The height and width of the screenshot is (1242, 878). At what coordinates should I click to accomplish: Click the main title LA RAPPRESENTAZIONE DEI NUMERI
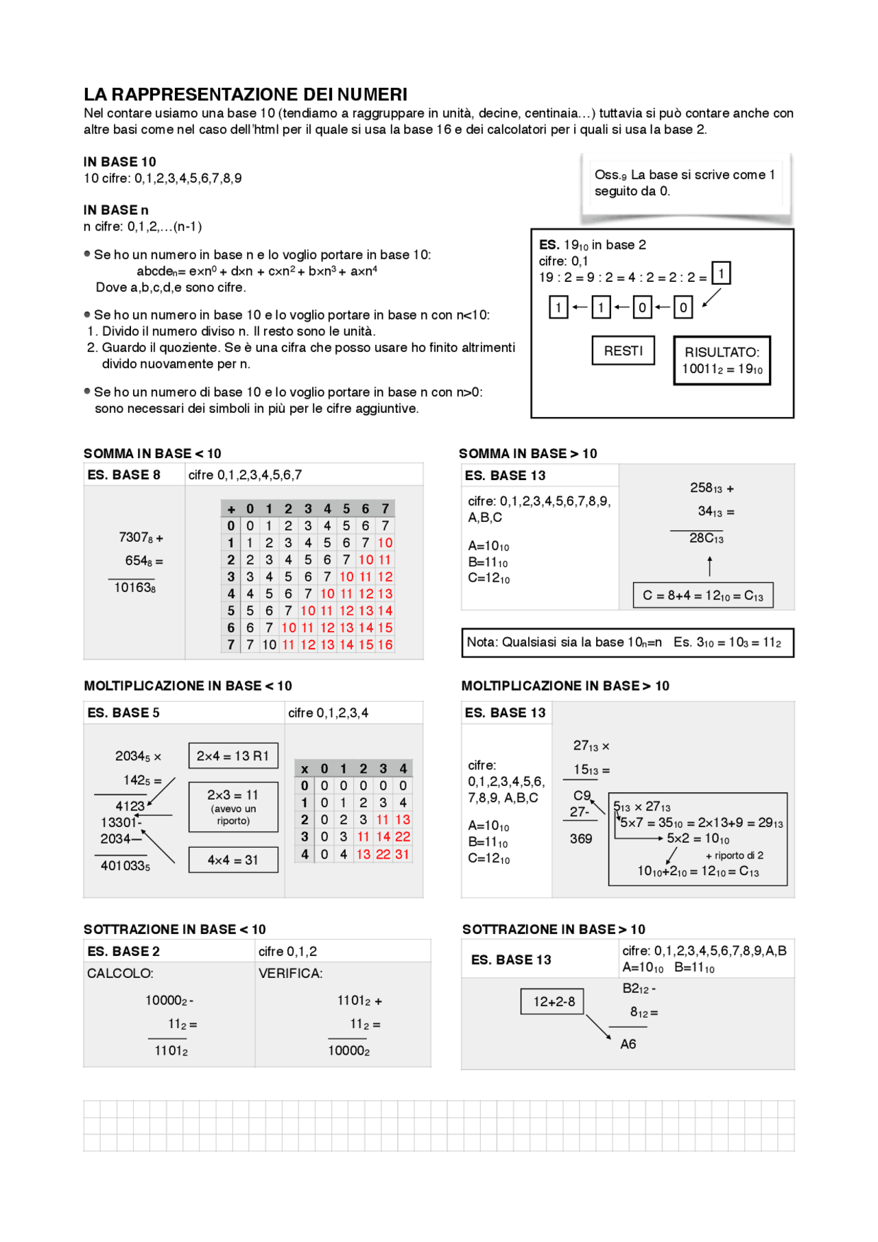tap(246, 95)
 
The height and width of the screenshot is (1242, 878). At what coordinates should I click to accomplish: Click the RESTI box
tap(623, 350)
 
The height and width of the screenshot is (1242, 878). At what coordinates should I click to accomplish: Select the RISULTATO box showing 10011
tap(722, 361)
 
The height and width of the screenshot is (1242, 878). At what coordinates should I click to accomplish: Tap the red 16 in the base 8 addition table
tap(385, 645)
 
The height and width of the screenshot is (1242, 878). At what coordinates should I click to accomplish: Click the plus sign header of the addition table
tap(231, 509)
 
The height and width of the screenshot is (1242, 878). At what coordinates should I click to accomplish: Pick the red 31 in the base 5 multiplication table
tap(402, 854)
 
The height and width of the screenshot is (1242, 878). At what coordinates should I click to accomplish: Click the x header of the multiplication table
tap(305, 769)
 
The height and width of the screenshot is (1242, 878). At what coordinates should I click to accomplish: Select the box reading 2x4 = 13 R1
tap(233, 756)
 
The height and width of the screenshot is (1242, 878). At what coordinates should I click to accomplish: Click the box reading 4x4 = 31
tap(233, 860)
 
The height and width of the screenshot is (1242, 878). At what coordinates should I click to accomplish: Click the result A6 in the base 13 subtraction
tap(628, 1044)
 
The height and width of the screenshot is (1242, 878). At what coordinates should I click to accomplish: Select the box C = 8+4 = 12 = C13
tap(703, 596)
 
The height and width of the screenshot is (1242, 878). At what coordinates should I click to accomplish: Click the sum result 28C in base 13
tap(706, 538)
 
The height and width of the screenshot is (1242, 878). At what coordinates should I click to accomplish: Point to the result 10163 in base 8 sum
tap(134, 588)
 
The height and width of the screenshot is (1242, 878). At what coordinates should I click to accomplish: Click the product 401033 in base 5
tap(125, 865)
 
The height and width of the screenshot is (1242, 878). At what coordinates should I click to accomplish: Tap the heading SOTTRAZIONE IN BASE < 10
tap(174, 929)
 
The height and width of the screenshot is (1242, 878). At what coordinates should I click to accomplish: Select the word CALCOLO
tap(120, 973)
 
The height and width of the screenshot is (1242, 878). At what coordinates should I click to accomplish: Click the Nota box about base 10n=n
tap(627, 643)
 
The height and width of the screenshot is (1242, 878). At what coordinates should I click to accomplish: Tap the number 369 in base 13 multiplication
tap(580, 839)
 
